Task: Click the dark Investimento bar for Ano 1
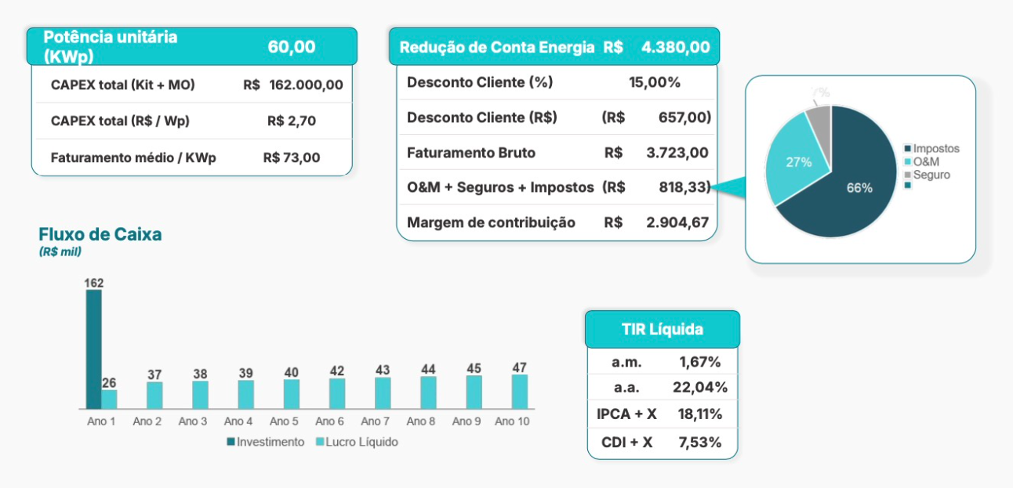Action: click(x=93, y=349)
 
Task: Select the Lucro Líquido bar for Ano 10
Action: click(x=520, y=392)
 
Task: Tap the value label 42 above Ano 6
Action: click(x=337, y=371)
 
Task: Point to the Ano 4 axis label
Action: click(x=238, y=421)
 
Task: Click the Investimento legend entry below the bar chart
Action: click(x=266, y=442)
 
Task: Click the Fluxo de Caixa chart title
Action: click(x=100, y=234)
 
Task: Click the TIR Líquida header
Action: click(x=662, y=330)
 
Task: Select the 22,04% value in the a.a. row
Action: click(x=699, y=387)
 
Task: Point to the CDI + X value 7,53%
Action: click(x=699, y=442)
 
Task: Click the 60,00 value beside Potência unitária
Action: click(x=292, y=47)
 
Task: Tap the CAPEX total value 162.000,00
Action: click(x=306, y=85)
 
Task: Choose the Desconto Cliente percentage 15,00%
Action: click(x=655, y=82)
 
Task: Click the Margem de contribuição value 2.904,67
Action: click(x=677, y=222)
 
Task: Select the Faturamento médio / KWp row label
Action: click(x=133, y=157)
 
